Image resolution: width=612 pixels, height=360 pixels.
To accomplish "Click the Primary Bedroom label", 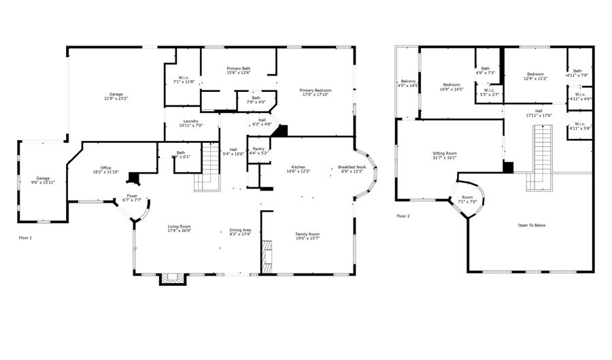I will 316,91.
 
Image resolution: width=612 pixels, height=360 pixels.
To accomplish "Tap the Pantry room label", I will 258,148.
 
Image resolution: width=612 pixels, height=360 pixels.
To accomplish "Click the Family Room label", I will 307,234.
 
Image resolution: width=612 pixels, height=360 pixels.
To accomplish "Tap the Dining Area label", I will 240,230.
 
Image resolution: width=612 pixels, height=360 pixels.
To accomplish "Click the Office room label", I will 105,167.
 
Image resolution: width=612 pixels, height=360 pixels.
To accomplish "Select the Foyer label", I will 132,196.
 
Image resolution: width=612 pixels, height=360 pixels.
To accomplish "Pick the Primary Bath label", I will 239,69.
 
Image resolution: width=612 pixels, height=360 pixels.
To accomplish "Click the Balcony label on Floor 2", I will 408,82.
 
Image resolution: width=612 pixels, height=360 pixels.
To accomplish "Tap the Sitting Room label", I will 445,154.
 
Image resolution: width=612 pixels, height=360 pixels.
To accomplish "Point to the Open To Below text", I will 531,225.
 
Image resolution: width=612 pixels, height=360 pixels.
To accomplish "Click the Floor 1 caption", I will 25,238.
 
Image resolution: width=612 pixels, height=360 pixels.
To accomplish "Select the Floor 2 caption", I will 403,216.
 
